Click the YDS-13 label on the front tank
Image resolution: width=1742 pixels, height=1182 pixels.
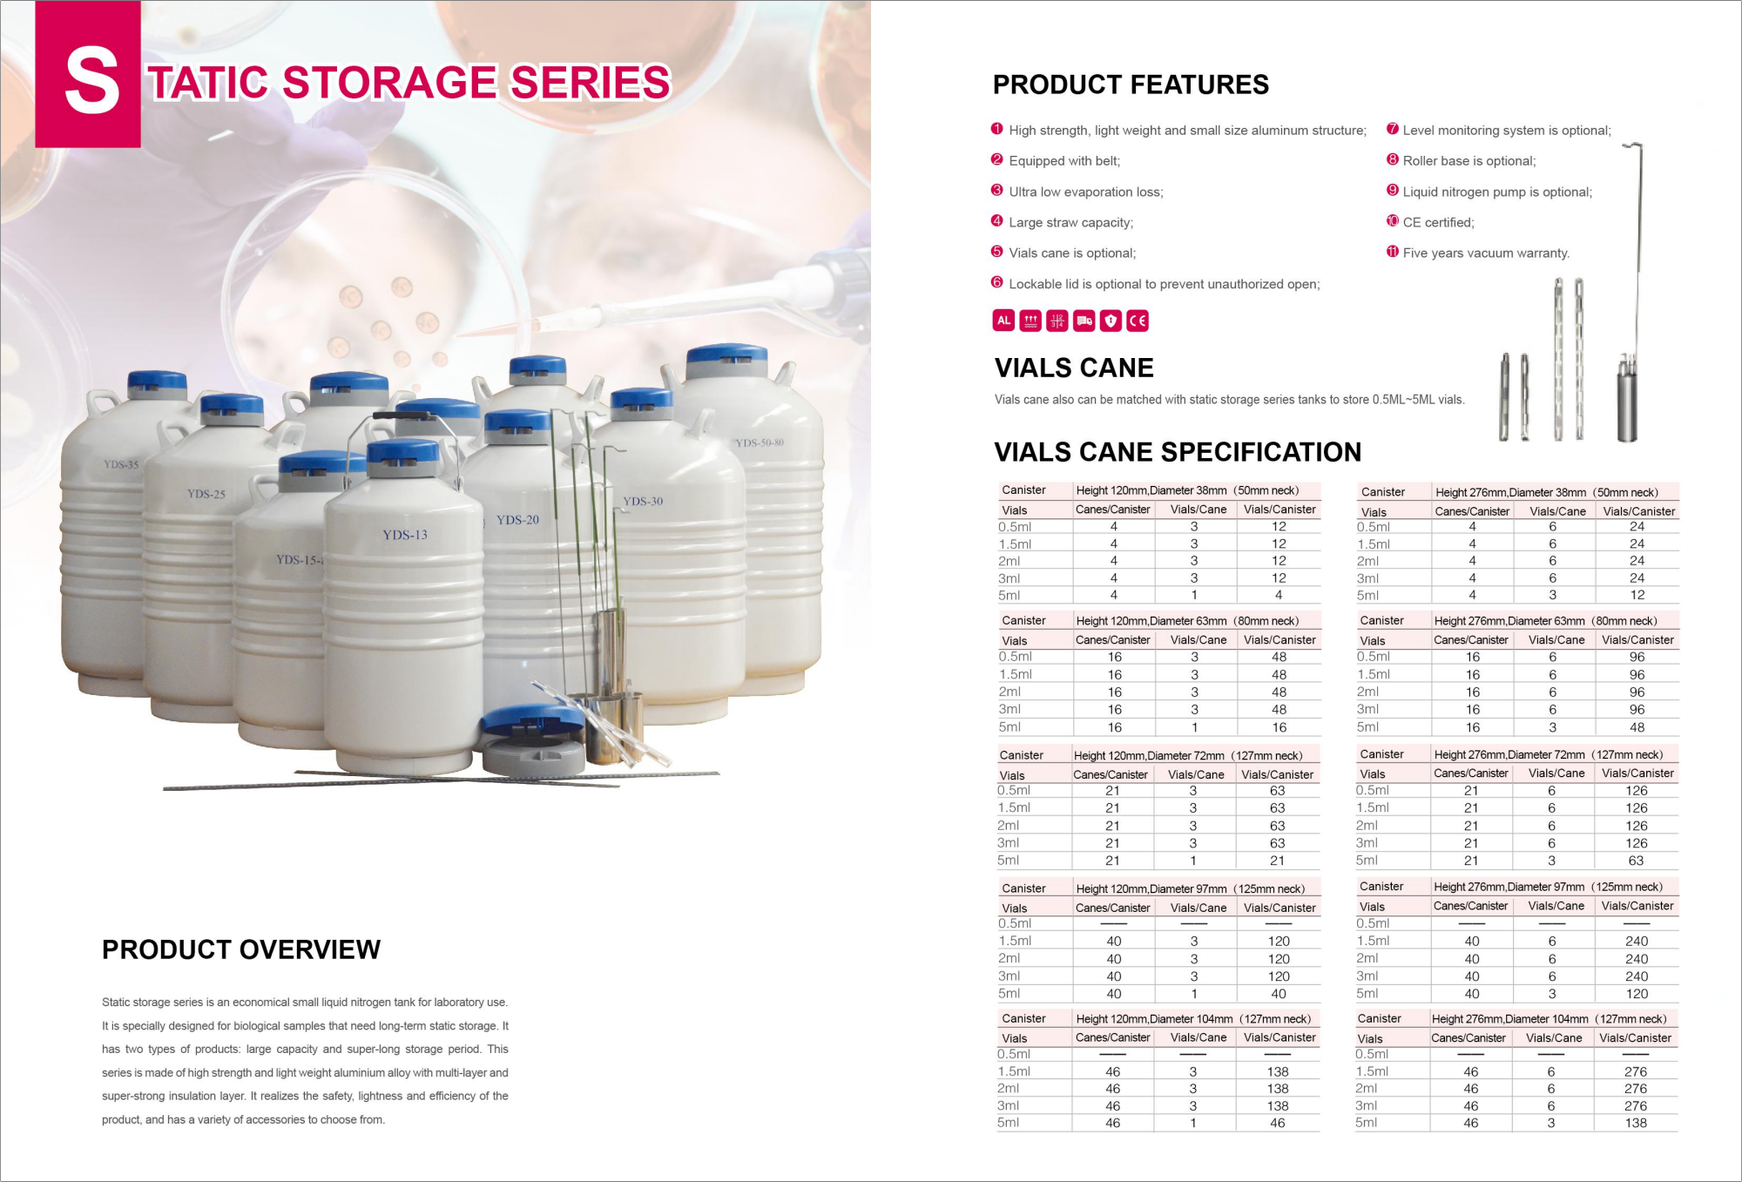[x=405, y=535]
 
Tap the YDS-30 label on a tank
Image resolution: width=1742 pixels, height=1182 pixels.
[x=643, y=502]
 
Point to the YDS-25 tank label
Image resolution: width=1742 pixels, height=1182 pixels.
[x=206, y=494]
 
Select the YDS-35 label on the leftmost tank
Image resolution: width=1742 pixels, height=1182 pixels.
[x=121, y=464]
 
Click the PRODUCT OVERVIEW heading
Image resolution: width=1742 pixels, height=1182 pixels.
[x=241, y=949]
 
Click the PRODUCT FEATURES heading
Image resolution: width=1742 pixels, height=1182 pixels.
[x=1131, y=84]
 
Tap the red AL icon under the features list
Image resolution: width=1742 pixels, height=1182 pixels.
[x=1003, y=321]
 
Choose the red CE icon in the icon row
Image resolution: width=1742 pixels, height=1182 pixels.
[x=1138, y=321]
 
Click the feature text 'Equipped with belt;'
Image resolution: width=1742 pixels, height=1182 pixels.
[x=1064, y=161]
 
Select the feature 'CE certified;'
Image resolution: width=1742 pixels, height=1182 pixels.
[x=1438, y=223]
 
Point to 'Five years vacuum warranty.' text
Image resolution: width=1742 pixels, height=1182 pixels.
[x=1486, y=253]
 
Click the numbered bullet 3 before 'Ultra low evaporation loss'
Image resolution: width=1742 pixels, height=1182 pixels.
[x=997, y=191]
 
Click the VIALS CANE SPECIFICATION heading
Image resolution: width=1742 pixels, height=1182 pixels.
[x=1178, y=452]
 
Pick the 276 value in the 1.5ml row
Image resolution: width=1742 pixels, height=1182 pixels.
[x=1636, y=1071]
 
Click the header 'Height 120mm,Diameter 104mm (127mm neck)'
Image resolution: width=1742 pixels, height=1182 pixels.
[x=1193, y=1019]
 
